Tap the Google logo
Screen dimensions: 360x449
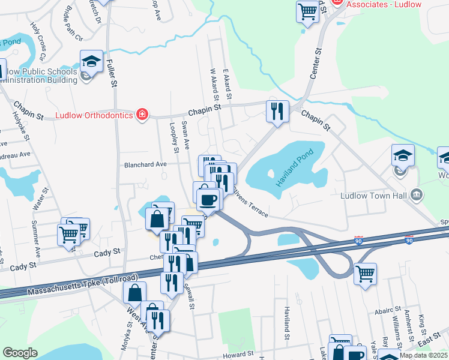pos(20,353)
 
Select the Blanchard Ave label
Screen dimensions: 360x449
pos(145,164)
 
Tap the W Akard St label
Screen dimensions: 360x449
pos(213,85)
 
